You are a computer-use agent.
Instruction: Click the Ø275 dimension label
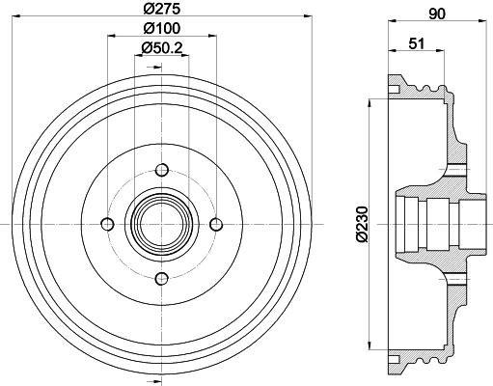[x=162, y=9]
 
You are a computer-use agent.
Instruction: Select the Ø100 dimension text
[x=162, y=28]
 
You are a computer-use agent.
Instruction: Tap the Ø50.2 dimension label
[x=162, y=48]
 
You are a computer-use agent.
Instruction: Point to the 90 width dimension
[x=437, y=14]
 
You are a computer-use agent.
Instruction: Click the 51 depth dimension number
[x=417, y=43]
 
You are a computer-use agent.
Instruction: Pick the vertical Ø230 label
[x=362, y=225]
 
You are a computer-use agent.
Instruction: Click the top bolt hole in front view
[x=162, y=170]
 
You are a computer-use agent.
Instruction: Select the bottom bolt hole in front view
[x=162, y=279]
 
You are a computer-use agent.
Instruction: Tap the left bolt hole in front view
[x=107, y=224]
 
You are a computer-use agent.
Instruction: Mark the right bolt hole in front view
[x=216, y=224]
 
